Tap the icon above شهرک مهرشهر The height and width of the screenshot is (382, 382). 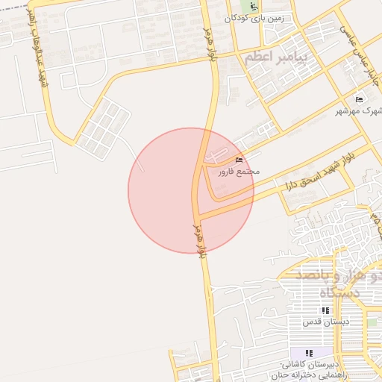click(x=359, y=99)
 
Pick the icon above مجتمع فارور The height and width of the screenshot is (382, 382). click(x=239, y=160)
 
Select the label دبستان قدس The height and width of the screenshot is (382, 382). click(x=322, y=322)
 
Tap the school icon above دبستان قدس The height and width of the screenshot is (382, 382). click(x=325, y=310)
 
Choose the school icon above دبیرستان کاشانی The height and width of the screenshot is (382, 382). click(x=309, y=352)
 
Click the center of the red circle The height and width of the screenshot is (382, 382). click(x=191, y=190)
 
